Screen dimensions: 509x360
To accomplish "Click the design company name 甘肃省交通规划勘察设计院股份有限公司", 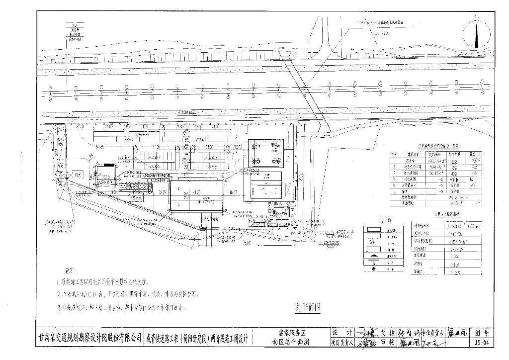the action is (x=89, y=338).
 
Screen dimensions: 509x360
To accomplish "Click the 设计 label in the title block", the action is (x=341, y=332).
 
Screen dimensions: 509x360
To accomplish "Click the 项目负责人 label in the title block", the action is (x=341, y=343).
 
